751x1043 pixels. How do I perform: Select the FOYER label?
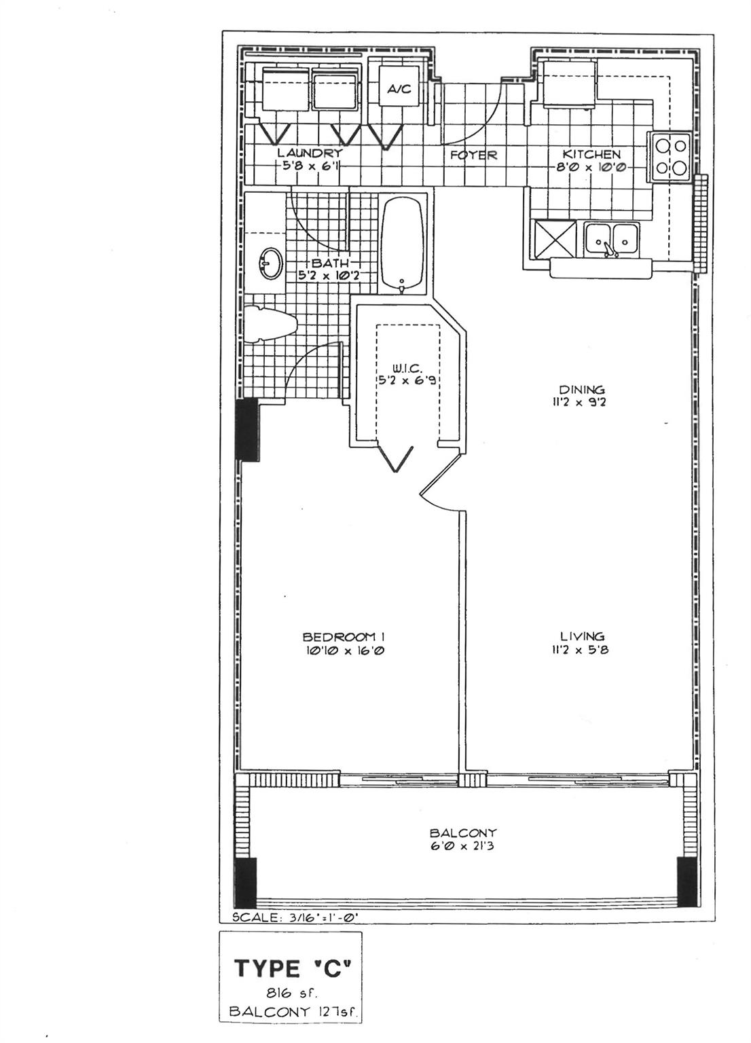click(x=474, y=155)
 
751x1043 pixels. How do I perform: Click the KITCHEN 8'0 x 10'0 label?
click(x=591, y=160)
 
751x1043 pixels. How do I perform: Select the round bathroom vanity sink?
click(x=272, y=263)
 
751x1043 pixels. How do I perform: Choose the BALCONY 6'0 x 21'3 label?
click(x=463, y=838)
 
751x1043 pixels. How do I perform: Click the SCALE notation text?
click(x=295, y=917)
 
